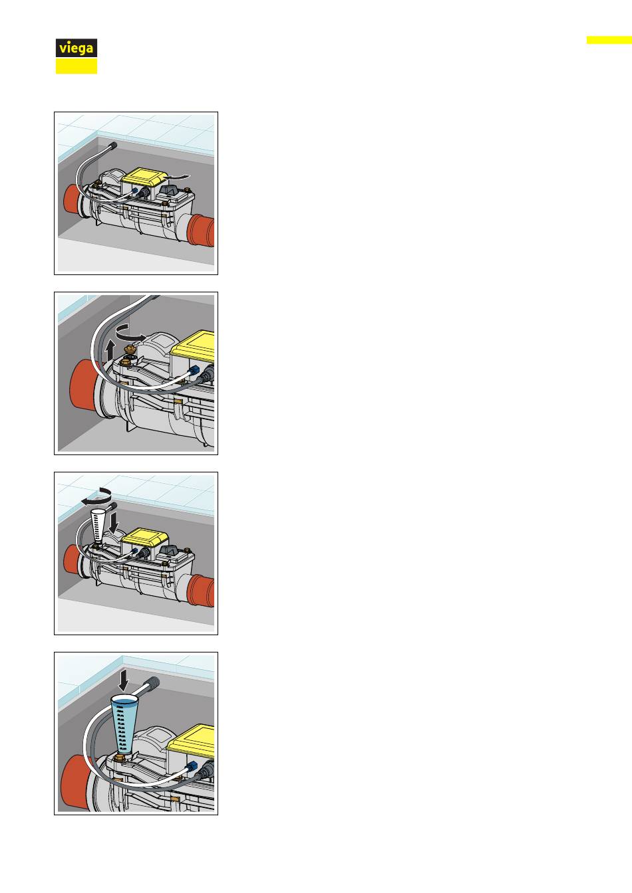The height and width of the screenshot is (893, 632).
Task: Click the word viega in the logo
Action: coord(77,49)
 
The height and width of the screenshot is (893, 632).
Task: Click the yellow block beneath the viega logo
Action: coord(77,66)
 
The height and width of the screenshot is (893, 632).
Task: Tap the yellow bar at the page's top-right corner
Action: coord(609,40)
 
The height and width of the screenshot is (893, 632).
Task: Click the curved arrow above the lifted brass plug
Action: coord(130,333)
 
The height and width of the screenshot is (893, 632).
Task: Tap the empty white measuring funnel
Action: coord(97,525)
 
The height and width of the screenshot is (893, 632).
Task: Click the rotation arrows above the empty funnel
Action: coord(97,497)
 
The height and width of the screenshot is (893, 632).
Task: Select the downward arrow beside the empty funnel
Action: coord(114,523)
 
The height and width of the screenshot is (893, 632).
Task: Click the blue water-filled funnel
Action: coord(124,725)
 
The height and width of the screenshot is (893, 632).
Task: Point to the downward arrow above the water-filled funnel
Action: coord(124,680)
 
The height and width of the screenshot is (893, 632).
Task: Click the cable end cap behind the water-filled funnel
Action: coord(153,682)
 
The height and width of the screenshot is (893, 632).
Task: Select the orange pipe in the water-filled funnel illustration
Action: coord(76,783)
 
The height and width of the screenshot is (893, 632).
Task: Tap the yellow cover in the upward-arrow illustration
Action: coord(194,346)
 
